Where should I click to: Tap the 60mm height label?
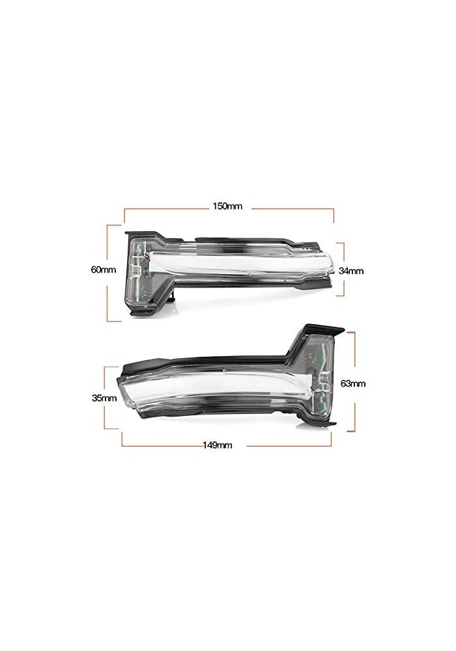105,269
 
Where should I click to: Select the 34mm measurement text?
352,270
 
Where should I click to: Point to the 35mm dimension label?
105,398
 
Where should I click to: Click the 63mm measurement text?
353,383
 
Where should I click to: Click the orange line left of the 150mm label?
163,208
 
